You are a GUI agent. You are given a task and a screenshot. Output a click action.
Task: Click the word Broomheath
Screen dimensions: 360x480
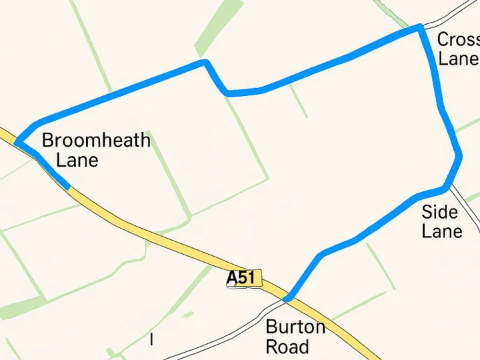click(96, 141)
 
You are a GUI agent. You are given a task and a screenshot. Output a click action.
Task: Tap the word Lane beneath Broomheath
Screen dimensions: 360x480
click(77, 161)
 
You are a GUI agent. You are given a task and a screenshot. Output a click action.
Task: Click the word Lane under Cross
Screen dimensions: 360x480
click(458, 59)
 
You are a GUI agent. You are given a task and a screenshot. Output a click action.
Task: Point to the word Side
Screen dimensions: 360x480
click(440, 213)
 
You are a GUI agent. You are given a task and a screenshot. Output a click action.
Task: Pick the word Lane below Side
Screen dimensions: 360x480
click(442, 231)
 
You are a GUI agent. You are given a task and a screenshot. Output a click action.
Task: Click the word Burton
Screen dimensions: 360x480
click(295, 327)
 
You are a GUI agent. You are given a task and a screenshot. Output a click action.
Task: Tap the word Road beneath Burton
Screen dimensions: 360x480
click(287, 347)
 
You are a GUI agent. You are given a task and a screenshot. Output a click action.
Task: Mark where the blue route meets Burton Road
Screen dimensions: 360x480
click(287, 298)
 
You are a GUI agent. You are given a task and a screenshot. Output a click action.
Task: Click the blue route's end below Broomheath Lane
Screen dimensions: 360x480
click(67, 185)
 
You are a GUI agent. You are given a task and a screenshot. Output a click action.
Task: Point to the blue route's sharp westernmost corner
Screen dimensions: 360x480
click(17, 141)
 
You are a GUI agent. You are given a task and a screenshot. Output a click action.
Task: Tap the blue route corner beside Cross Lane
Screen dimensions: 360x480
click(420, 27)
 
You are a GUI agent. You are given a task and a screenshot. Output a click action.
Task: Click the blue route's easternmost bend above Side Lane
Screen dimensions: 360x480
click(459, 157)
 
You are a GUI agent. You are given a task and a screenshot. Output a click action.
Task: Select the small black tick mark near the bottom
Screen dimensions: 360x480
click(152, 339)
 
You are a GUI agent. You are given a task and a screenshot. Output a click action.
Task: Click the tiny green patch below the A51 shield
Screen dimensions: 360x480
click(189, 314)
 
